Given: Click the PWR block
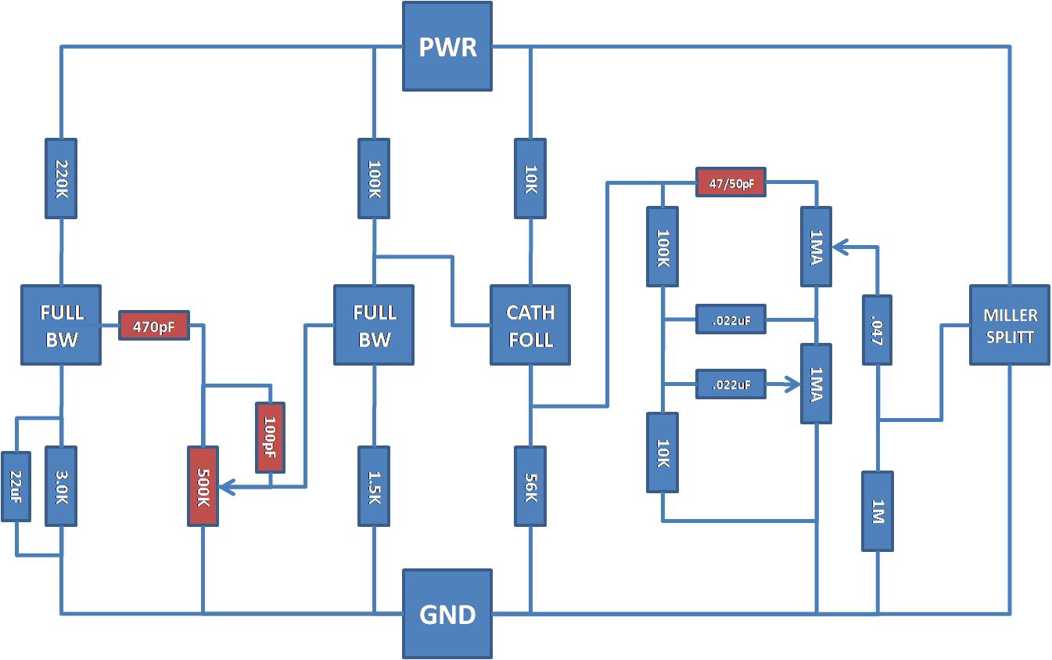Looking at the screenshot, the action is click(447, 46).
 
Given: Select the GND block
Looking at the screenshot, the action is click(447, 614).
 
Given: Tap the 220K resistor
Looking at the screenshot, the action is click(61, 179).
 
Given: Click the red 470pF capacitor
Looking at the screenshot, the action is click(154, 325).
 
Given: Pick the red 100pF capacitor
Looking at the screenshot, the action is click(270, 437).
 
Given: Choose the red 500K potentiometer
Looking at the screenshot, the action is click(203, 486).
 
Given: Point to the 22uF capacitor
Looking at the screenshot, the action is click(16, 486).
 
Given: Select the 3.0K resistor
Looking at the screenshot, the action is click(61, 486).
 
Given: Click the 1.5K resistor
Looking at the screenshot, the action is click(374, 486).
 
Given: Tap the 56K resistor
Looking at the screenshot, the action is click(530, 486).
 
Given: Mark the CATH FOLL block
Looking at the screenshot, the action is click(530, 325).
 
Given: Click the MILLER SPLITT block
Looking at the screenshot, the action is click(1010, 325).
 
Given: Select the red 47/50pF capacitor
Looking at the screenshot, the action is click(731, 182).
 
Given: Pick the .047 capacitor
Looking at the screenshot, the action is click(877, 330).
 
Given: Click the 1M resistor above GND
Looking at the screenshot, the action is click(878, 511).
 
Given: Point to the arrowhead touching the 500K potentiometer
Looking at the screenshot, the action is click(226, 486).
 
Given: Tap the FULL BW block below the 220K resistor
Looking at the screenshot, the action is click(61, 325).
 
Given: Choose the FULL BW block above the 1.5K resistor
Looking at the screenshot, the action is click(374, 325).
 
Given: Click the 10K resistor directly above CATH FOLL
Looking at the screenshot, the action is click(530, 179).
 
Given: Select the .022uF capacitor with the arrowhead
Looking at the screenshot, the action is click(731, 384).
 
